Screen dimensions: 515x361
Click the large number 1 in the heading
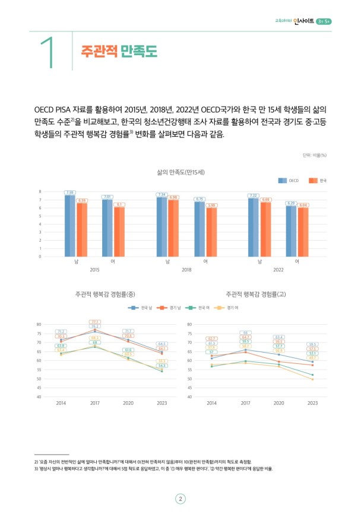click(x=50, y=52)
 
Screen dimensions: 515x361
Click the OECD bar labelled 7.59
click(x=70, y=225)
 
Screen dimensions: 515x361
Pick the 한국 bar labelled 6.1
click(x=119, y=232)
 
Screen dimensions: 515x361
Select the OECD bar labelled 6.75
click(x=199, y=229)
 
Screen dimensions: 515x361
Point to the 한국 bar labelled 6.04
click(x=303, y=232)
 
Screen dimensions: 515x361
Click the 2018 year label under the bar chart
click(x=186, y=270)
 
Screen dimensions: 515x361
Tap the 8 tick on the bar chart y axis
click(x=40, y=191)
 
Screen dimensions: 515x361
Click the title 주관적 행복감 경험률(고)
click(x=256, y=293)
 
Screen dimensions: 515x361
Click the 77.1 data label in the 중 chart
click(x=94, y=322)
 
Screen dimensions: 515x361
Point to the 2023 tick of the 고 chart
click(x=312, y=403)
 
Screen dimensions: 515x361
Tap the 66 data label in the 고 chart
click(x=245, y=332)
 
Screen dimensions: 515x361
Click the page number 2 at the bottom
click(x=180, y=499)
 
